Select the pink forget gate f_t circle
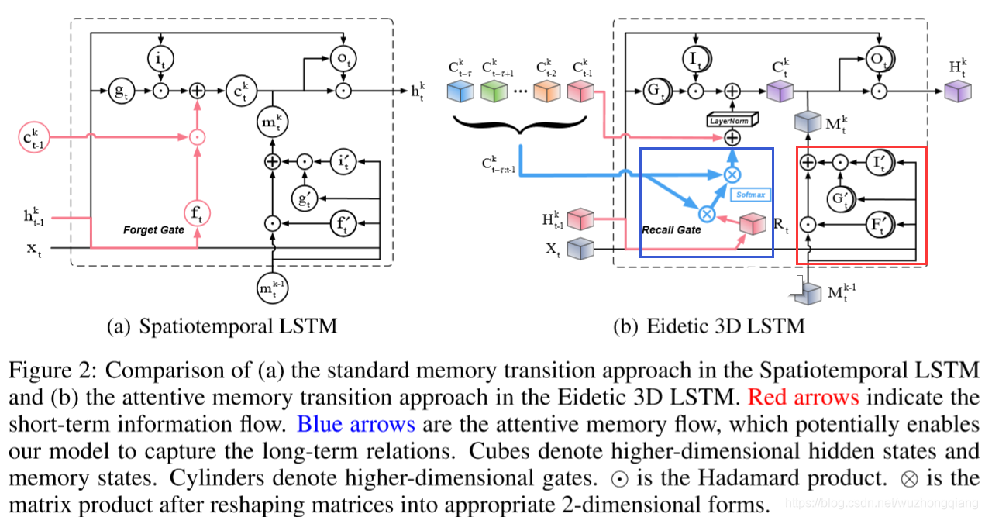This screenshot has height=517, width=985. tap(198, 212)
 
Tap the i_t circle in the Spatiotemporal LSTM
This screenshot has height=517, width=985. tap(160, 57)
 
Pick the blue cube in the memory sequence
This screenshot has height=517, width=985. tap(461, 91)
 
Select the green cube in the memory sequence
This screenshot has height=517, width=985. tap(493, 91)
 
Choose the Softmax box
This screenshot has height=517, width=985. tap(750, 194)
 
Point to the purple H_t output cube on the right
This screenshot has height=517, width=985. tap(958, 91)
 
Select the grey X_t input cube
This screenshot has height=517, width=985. tap(580, 249)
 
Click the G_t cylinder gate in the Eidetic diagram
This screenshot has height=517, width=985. tap(655, 91)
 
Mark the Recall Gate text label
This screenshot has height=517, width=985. tap(671, 229)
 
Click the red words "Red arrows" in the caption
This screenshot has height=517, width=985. tap(803, 398)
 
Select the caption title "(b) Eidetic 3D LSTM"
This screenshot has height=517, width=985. tap(708, 326)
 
